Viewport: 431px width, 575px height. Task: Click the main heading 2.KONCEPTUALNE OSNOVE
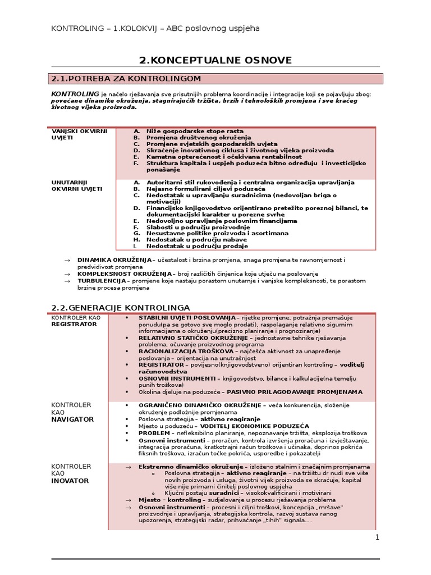215,60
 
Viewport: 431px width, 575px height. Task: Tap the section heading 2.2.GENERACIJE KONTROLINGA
120,307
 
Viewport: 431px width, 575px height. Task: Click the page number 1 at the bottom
377,537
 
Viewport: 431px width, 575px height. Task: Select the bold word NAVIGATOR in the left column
72,419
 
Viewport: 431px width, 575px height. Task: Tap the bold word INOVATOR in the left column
70,481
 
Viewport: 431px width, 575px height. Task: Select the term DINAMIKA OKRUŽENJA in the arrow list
115,260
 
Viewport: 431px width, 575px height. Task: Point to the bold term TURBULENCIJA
102,281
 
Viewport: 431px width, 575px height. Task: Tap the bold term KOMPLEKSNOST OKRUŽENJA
125,273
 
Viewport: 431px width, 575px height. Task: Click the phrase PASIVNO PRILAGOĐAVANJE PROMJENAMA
307,392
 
